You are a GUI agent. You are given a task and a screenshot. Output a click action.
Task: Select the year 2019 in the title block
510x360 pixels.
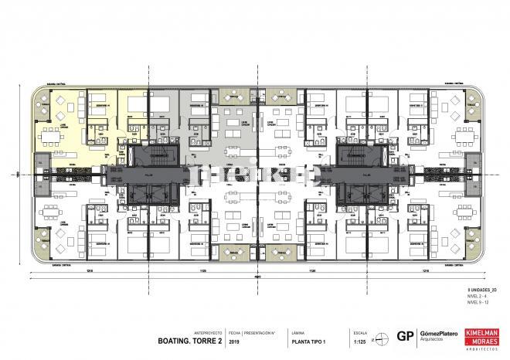click(x=235, y=338)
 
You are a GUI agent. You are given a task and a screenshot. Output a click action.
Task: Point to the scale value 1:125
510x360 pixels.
click(x=359, y=338)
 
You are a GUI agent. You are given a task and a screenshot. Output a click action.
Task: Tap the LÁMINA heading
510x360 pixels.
click(x=297, y=329)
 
